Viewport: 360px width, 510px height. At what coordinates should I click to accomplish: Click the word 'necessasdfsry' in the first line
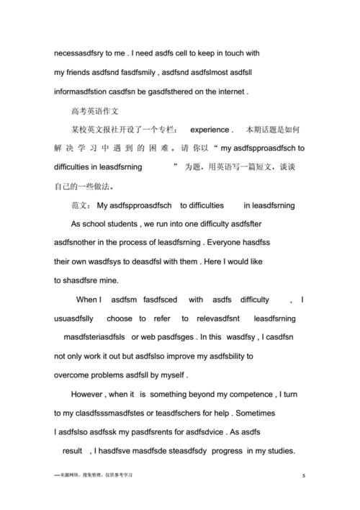click(x=80, y=54)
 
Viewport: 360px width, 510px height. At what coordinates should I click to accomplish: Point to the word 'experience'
click(x=210, y=130)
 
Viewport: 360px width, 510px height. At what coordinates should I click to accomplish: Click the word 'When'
click(x=88, y=300)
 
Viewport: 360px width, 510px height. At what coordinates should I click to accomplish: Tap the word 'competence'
click(x=243, y=394)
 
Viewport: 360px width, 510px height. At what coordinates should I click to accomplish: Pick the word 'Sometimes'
click(x=278, y=413)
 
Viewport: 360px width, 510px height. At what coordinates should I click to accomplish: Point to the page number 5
click(x=305, y=476)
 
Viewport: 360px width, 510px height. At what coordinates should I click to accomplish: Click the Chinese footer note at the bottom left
click(x=94, y=475)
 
